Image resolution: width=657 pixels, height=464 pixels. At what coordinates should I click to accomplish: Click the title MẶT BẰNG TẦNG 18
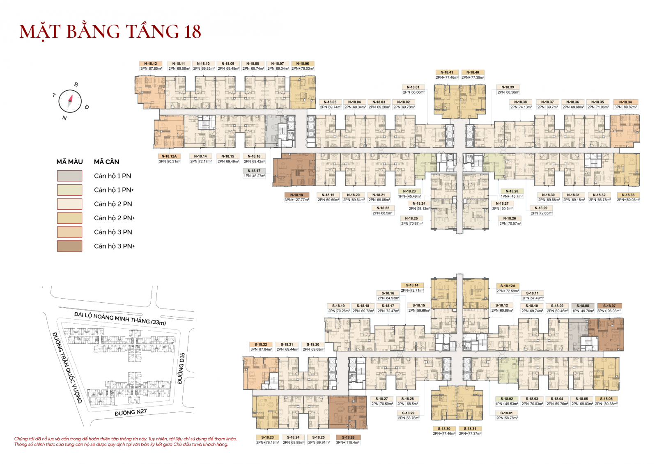click(110, 32)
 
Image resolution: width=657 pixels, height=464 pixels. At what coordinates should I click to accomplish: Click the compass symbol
click(70, 101)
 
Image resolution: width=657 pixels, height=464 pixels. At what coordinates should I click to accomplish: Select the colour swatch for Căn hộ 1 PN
click(69, 176)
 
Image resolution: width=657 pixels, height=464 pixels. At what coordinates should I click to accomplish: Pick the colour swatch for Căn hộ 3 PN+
click(69, 246)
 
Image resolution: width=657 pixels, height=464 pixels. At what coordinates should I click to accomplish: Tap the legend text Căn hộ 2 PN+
click(114, 218)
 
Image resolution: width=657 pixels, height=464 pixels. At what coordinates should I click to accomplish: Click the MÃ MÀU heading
click(69, 162)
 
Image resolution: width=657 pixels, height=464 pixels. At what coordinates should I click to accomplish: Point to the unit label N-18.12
click(151, 64)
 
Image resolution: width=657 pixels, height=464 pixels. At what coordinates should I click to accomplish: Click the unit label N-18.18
click(296, 195)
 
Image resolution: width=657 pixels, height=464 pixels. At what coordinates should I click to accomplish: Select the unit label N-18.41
click(447, 72)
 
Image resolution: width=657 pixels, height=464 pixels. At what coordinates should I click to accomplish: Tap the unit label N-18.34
click(625, 102)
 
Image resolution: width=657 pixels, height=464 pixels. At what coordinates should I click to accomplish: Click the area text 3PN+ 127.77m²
click(296, 200)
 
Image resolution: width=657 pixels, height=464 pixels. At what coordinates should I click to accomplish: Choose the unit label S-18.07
click(609, 306)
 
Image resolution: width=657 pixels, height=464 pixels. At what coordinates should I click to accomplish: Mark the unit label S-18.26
click(348, 437)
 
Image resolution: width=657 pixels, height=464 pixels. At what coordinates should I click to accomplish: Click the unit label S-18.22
click(261, 345)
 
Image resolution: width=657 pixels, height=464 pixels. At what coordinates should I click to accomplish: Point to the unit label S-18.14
click(412, 285)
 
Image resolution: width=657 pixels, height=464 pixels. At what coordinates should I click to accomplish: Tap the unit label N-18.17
click(254, 171)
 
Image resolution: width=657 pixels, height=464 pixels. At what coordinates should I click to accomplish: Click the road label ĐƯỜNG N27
click(131, 412)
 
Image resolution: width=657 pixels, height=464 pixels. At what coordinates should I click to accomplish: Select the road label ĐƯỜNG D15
click(181, 368)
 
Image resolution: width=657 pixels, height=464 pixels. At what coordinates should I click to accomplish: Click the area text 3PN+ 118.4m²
click(348, 442)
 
